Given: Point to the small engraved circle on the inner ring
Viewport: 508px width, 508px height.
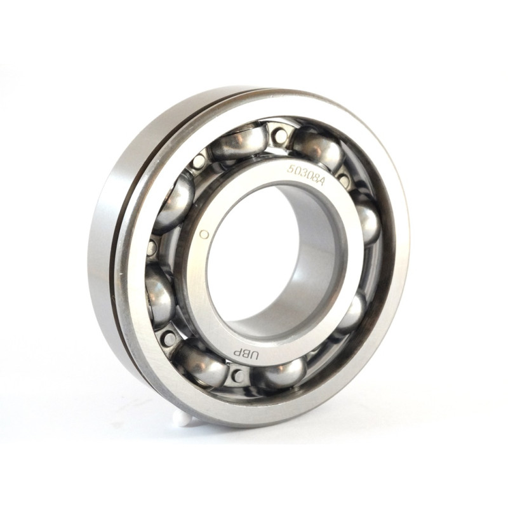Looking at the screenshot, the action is (204, 234).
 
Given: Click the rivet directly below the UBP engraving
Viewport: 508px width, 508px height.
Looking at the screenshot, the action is (239, 375).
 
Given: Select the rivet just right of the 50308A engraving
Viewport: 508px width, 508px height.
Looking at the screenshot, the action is (344, 178).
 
